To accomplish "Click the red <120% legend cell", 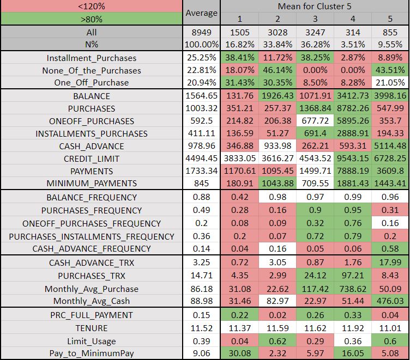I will coord(92,7).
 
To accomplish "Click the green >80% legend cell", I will coord(92,20).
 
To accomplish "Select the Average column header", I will coord(201,13).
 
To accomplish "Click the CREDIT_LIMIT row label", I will coord(92,158).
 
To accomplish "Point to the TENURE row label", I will coord(92,328).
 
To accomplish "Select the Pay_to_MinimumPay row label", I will coord(92,353).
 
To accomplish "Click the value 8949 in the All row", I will coord(201,32).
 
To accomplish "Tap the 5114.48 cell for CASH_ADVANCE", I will coord(389,146).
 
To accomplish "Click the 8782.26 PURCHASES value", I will coord(352,108).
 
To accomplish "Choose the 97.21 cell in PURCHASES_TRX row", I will coord(352,276).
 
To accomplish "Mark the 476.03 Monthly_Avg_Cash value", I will coord(389,301).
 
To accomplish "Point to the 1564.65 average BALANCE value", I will coord(201,96).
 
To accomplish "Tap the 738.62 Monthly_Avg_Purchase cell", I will coord(352,289).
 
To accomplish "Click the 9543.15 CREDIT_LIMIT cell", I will coord(352,158).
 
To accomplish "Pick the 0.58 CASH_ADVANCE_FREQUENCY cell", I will coord(389,248).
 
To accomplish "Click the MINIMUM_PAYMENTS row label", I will coord(92,183).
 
